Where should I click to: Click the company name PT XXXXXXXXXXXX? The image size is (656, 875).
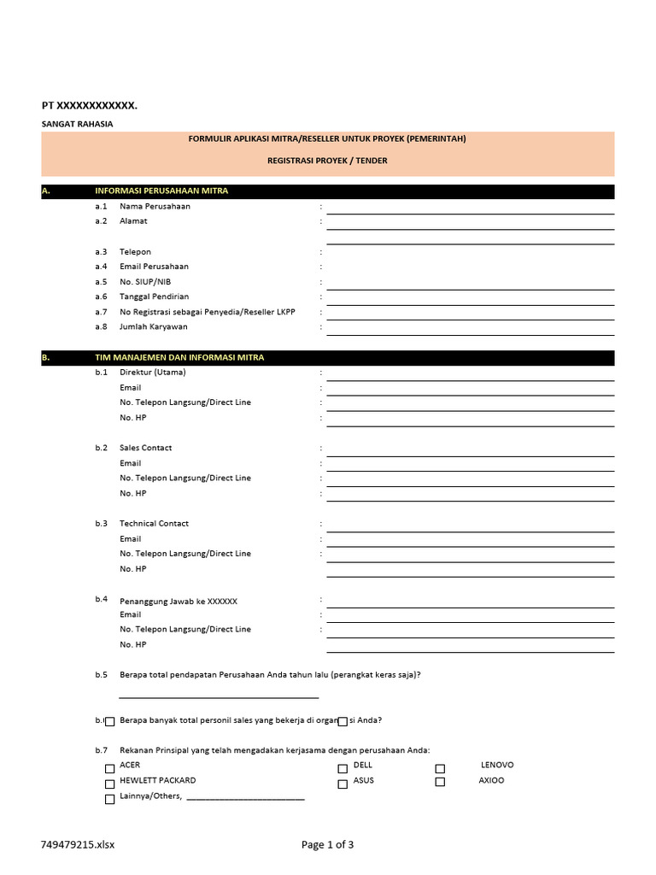(90, 105)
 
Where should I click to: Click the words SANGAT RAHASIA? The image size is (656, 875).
(77, 124)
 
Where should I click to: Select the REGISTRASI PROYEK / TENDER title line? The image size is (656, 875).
(327, 161)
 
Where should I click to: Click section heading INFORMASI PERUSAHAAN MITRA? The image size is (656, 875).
(161, 191)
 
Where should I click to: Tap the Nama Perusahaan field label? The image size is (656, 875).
(155, 206)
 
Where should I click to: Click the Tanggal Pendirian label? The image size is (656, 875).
(154, 297)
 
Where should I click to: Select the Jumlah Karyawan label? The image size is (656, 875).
(154, 326)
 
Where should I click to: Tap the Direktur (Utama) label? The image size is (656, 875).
(152, 373)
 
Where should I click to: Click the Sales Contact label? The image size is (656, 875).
(145, 448)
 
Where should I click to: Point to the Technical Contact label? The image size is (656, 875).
(154, 523)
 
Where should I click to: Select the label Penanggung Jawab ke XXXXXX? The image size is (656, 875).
(179, 601)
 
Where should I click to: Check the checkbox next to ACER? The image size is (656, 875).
(109, 768)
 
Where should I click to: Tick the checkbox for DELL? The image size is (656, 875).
(343, 768)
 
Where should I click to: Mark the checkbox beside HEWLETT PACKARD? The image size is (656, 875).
(109, 784)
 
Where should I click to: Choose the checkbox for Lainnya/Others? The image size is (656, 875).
(109, 800)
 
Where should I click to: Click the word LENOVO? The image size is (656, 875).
(497, 765)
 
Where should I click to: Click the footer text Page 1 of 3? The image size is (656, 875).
(327, 845)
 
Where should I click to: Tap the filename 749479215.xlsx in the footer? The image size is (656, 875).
(78, 845)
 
